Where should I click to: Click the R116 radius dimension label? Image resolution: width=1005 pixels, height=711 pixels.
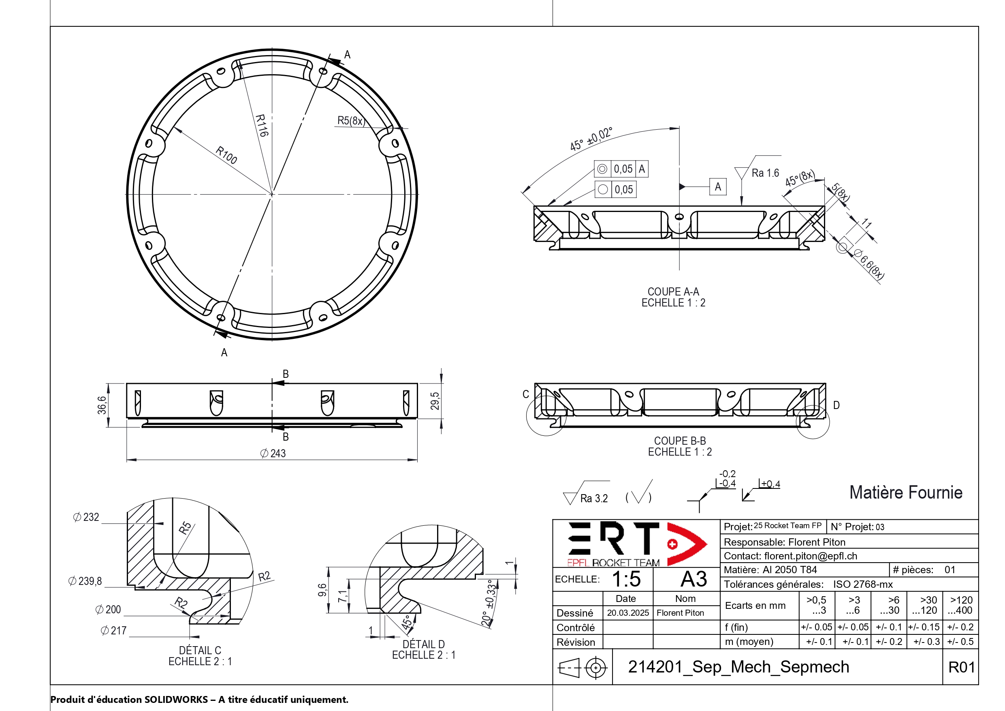click(262, 126)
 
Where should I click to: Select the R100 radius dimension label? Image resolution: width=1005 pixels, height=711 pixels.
click(226, 155)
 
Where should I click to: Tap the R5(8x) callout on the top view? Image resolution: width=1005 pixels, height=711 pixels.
click(351, 120)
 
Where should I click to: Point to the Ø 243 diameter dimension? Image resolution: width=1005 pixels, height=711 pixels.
click(273, 454)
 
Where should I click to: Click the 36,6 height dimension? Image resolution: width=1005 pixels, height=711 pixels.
click(102, 405)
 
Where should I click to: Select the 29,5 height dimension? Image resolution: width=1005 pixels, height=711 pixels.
click(435, 401)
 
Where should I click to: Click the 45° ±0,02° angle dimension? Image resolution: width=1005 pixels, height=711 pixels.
click(591, 139)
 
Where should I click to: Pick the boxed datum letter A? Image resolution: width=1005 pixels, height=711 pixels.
click(718, 187)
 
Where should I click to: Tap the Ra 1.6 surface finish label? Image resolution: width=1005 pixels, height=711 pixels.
click(765, 173)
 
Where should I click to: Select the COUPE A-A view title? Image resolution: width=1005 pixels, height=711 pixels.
click(673, 292)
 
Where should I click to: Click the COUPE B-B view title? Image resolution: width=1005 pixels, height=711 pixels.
click(680, 441)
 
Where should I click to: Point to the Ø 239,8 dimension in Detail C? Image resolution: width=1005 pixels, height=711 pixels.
click(85, 581)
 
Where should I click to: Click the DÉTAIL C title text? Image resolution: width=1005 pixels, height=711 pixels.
click(200, 650)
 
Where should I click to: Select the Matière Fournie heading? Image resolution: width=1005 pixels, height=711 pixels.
click(906, 493)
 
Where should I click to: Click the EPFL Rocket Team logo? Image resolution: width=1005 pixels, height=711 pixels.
click(636, 544)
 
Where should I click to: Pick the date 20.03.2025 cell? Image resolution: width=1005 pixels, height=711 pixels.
click(628, 613)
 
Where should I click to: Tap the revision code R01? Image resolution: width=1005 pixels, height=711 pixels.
click(961, 667)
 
